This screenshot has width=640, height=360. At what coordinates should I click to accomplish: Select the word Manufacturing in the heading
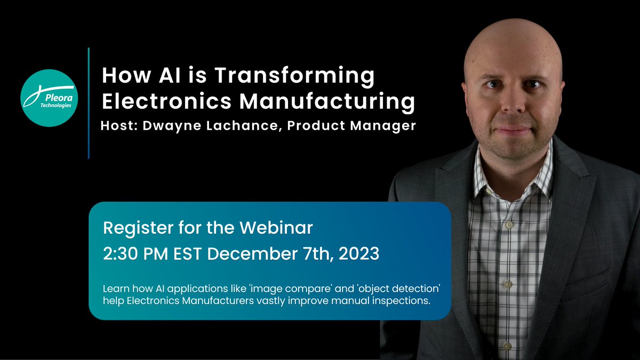(333, 102)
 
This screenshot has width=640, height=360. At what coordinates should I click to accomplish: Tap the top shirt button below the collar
(508, 225)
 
